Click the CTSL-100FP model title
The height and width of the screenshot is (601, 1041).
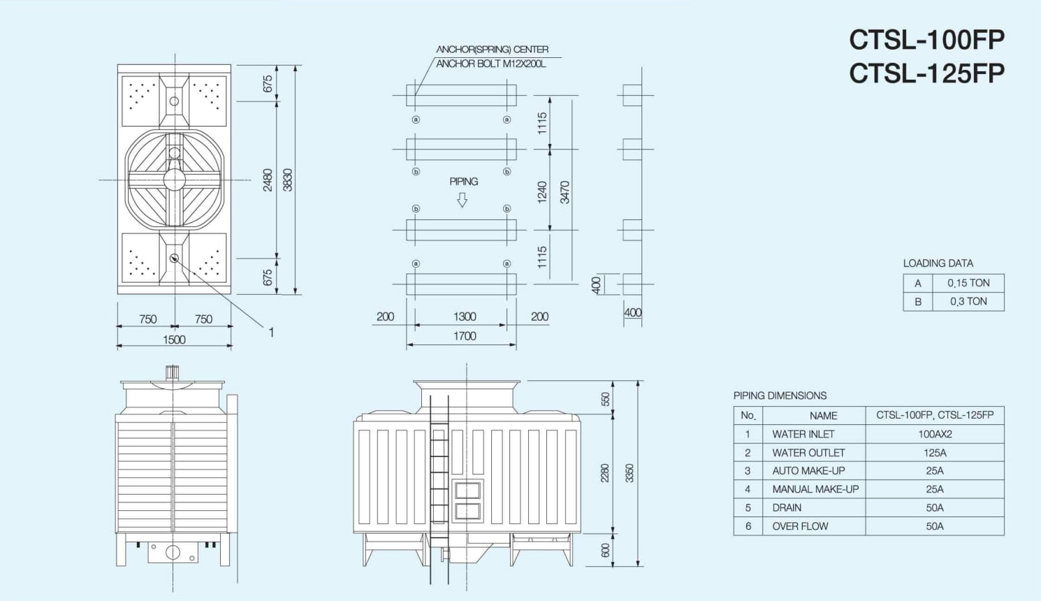tap(926, 40)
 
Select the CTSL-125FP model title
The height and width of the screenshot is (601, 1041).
tap(926, 73)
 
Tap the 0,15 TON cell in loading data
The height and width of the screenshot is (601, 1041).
tap(968, 283)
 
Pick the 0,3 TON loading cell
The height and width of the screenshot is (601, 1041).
tap(968, 302)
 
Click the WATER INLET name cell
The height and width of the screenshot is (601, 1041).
tap(803, 434)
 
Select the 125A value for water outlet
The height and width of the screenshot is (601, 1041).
tap(935, 453)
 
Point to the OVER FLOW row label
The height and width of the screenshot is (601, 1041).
tap(800, 526)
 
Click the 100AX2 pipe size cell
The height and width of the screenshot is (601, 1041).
tap(935, 434)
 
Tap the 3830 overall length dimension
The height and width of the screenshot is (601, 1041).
tap(288, 180)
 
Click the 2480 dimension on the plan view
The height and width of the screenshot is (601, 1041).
tap(268, 180)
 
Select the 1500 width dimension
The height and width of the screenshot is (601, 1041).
tap(174, 340)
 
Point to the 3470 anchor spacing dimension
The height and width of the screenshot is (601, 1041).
tap(565, 192)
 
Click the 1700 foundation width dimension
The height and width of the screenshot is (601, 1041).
tap(465, 336)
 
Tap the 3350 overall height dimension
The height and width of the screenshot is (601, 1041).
tap(629, 473)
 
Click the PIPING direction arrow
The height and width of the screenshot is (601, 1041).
tap(462, 200)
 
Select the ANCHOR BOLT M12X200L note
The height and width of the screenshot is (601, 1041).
tap(491, 64)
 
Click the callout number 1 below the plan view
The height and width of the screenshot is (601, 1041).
tap(271, 333)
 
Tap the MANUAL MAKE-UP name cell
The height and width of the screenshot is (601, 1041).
tap(815, 489)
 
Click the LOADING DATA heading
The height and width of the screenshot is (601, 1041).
tap(938, 263)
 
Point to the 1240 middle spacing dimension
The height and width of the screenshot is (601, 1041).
tap(542, 192)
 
